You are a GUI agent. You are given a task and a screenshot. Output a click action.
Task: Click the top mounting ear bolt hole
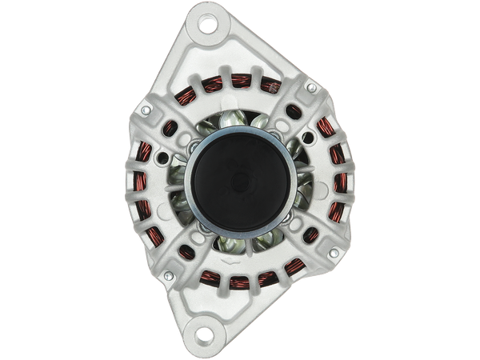point(209,25)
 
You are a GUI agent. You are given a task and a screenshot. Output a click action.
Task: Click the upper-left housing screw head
point(146,110)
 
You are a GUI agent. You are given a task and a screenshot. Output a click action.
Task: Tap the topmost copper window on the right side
point(326,128)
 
